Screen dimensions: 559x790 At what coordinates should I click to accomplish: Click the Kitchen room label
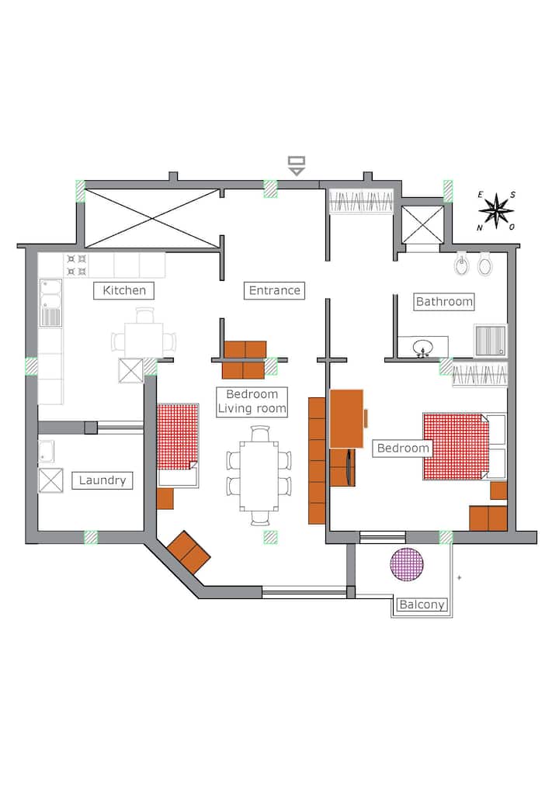tap(124, 291)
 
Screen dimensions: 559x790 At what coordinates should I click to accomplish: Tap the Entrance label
tap(275, 291)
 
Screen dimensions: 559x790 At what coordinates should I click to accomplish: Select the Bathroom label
tap(444, 302)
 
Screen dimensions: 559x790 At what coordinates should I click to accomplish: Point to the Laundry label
tap(102, 480)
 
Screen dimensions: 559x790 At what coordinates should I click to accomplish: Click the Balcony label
tap(422, 604)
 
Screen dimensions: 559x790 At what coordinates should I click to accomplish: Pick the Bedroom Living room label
tap(252, 401)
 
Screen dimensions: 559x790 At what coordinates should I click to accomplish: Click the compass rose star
tap(496, 210)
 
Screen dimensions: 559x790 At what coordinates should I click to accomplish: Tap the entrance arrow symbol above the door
tap(297, 166)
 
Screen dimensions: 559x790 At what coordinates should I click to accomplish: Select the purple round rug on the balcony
tap(407, 564)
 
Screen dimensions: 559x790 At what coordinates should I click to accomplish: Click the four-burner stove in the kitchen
tap(77, 265)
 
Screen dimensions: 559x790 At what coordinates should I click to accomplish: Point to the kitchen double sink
tap(50, 303)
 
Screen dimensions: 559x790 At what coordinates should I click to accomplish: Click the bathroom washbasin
tap(422, 347)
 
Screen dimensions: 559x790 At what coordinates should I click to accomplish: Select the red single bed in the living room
tap(178, 445)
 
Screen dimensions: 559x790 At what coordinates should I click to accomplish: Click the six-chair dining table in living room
tap(259, 476)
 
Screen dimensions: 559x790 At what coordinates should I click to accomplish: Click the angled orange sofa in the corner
tap(189, 553)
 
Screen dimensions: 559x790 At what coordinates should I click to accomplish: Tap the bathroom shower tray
tap(490, 341)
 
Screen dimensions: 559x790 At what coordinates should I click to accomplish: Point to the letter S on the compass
tap(512, 195)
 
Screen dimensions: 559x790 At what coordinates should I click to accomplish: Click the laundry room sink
tap(47, 451)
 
